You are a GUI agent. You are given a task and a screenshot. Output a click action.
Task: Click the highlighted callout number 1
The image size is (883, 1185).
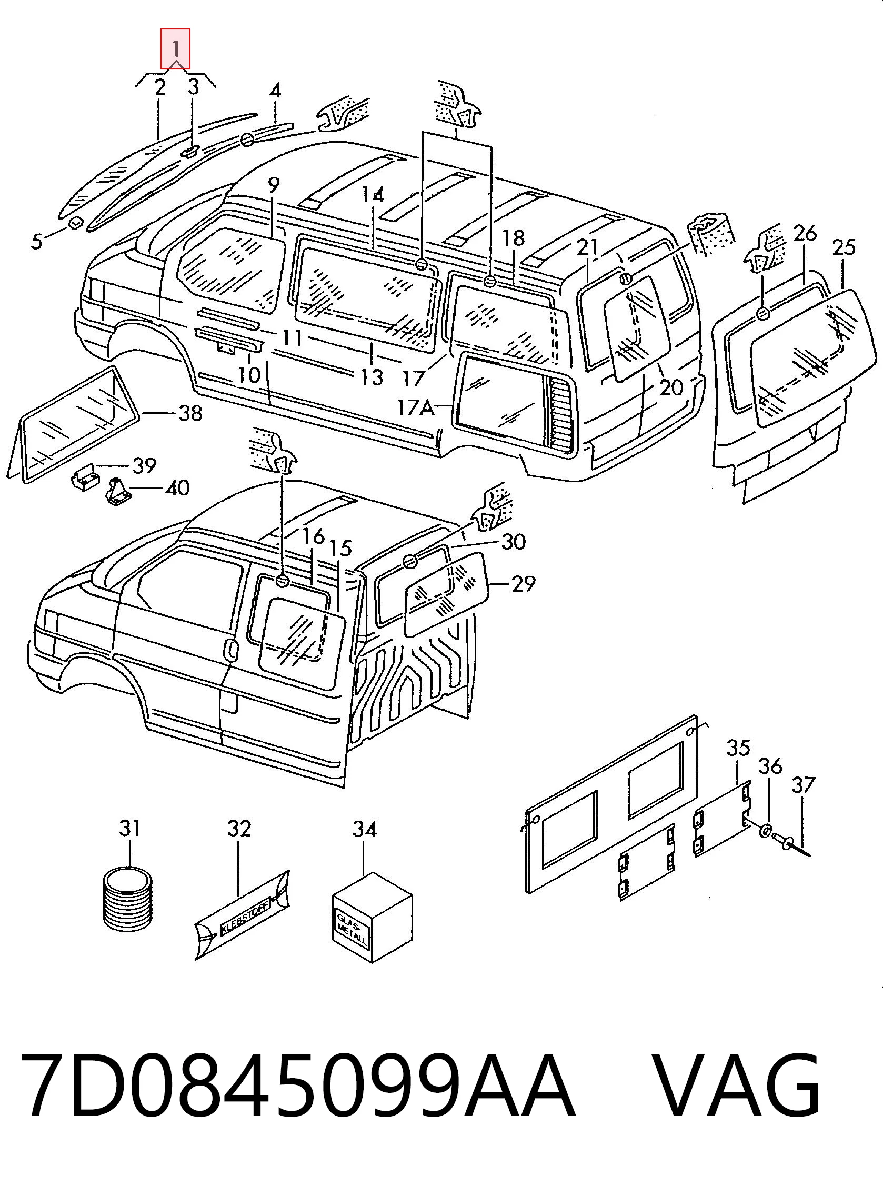pos(175,49)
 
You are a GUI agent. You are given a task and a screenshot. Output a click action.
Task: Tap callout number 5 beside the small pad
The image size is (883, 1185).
pos(36,241)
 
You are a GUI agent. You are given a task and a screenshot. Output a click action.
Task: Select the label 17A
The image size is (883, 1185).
pos(415,408)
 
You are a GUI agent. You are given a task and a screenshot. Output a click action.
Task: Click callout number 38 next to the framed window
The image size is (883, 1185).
pos(189,413)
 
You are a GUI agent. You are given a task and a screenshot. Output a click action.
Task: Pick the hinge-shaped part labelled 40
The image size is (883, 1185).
pos(116,491)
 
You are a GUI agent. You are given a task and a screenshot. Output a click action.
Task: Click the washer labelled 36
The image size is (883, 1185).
pos(766,831)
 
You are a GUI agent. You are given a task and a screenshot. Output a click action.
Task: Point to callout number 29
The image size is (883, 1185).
pos(523,583)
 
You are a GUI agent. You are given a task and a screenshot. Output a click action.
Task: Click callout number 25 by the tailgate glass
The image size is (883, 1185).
pos(844,247)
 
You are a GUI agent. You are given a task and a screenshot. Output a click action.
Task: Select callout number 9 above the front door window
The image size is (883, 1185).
pos(273,185)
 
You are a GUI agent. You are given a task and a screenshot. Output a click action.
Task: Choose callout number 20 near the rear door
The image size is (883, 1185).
pos(671,387)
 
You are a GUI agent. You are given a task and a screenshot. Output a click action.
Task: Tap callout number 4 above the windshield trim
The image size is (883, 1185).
pos(275,91)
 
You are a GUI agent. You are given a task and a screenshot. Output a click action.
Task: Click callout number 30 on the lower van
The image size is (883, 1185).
pos(514,542)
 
